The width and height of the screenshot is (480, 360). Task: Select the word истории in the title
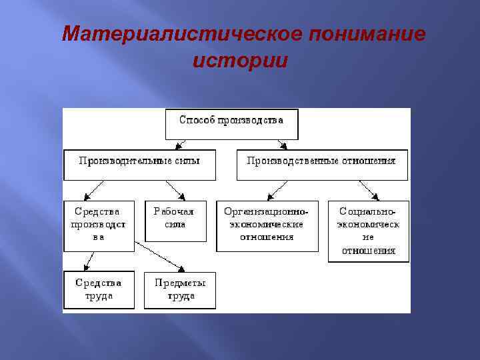tap(240, 61)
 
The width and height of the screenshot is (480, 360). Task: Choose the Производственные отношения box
tap(321, 165)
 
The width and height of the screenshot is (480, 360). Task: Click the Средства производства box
tap(99, 225)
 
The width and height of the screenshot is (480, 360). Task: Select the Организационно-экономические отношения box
tap(267, 225)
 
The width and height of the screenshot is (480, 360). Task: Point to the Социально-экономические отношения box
tap(368, 231)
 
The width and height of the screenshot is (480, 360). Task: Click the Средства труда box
tap(99, 289)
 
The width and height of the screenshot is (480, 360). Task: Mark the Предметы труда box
tap(180, 289)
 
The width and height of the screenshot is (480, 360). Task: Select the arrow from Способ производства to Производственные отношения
tap(281, 144)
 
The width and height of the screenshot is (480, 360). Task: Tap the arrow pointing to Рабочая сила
tap(174, 190)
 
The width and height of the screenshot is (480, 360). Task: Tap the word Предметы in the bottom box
tap(180, 283)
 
